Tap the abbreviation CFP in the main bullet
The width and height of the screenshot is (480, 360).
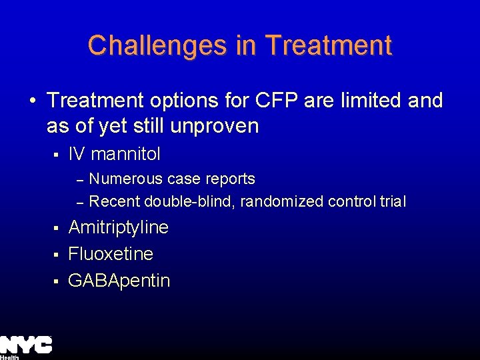tap(275, 101)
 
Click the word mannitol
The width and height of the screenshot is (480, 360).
tap(125, 155)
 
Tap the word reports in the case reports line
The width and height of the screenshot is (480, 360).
tap(231, 179)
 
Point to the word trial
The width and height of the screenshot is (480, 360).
tap(390, 201)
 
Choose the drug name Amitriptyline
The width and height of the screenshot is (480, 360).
tap(119, 227)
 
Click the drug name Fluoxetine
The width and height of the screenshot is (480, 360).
tap(111, 254)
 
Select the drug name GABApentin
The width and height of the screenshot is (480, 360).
tap(119, 281)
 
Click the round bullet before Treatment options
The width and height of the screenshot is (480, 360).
tap(32, 101)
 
